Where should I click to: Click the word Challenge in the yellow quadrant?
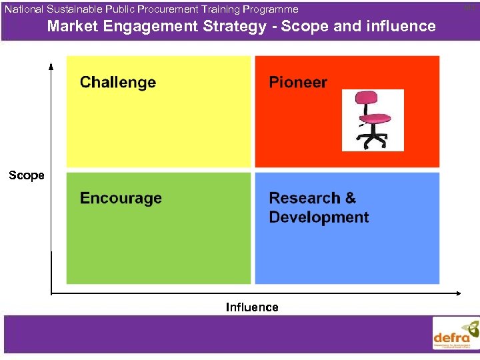point(118,83)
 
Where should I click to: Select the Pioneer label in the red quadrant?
point(298,83)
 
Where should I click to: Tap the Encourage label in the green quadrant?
point(121,199)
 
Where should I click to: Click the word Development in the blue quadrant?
point(319,217)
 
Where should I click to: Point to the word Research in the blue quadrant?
point(304,198)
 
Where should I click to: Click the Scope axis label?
point(27,175)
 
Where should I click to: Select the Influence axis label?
point(252,307)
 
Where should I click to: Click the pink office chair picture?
point(373,120)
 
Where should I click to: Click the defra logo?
point(455,334)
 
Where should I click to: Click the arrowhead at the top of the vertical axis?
point(51,65)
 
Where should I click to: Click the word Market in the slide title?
point(71,27)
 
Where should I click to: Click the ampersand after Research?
point(350,198)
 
